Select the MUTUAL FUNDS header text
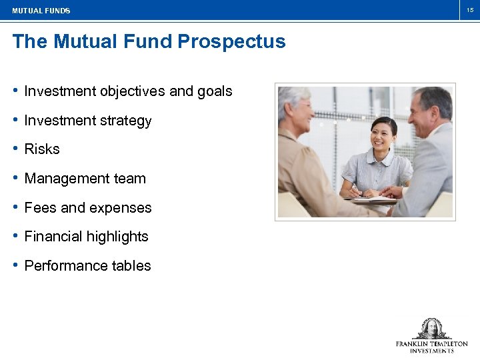tap(41, 11)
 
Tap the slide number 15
tap(469, 10)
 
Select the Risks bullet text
tap(42, 149)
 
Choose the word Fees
tap(40, 208)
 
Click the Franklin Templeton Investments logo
tap(431, 337)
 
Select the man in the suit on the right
tap(427, 153)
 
